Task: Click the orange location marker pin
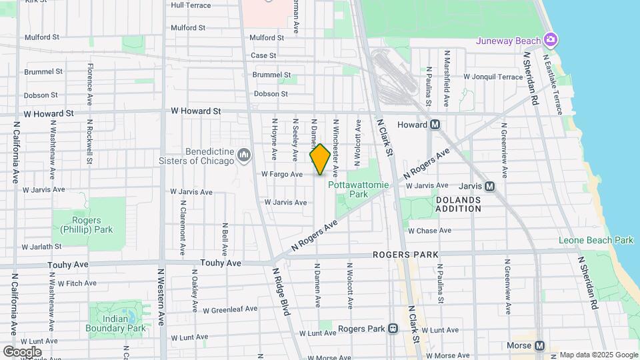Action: (320, 159)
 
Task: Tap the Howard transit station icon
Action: (435, 125)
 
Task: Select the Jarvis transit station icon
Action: (489, 187)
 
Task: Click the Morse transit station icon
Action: (539, 345)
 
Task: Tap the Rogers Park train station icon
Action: (393, 329)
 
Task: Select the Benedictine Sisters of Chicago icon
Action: (244, 155)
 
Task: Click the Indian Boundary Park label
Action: (115, 323)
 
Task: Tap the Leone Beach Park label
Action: (595, 240)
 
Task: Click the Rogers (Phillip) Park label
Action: (92, 225)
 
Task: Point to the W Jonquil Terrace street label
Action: (493, 77)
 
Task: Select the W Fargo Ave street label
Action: (281, 174)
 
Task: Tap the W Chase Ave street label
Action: (429, 231)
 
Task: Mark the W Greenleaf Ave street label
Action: (230, 309)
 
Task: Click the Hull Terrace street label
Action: (191, 5)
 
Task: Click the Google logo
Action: (22, 351)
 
